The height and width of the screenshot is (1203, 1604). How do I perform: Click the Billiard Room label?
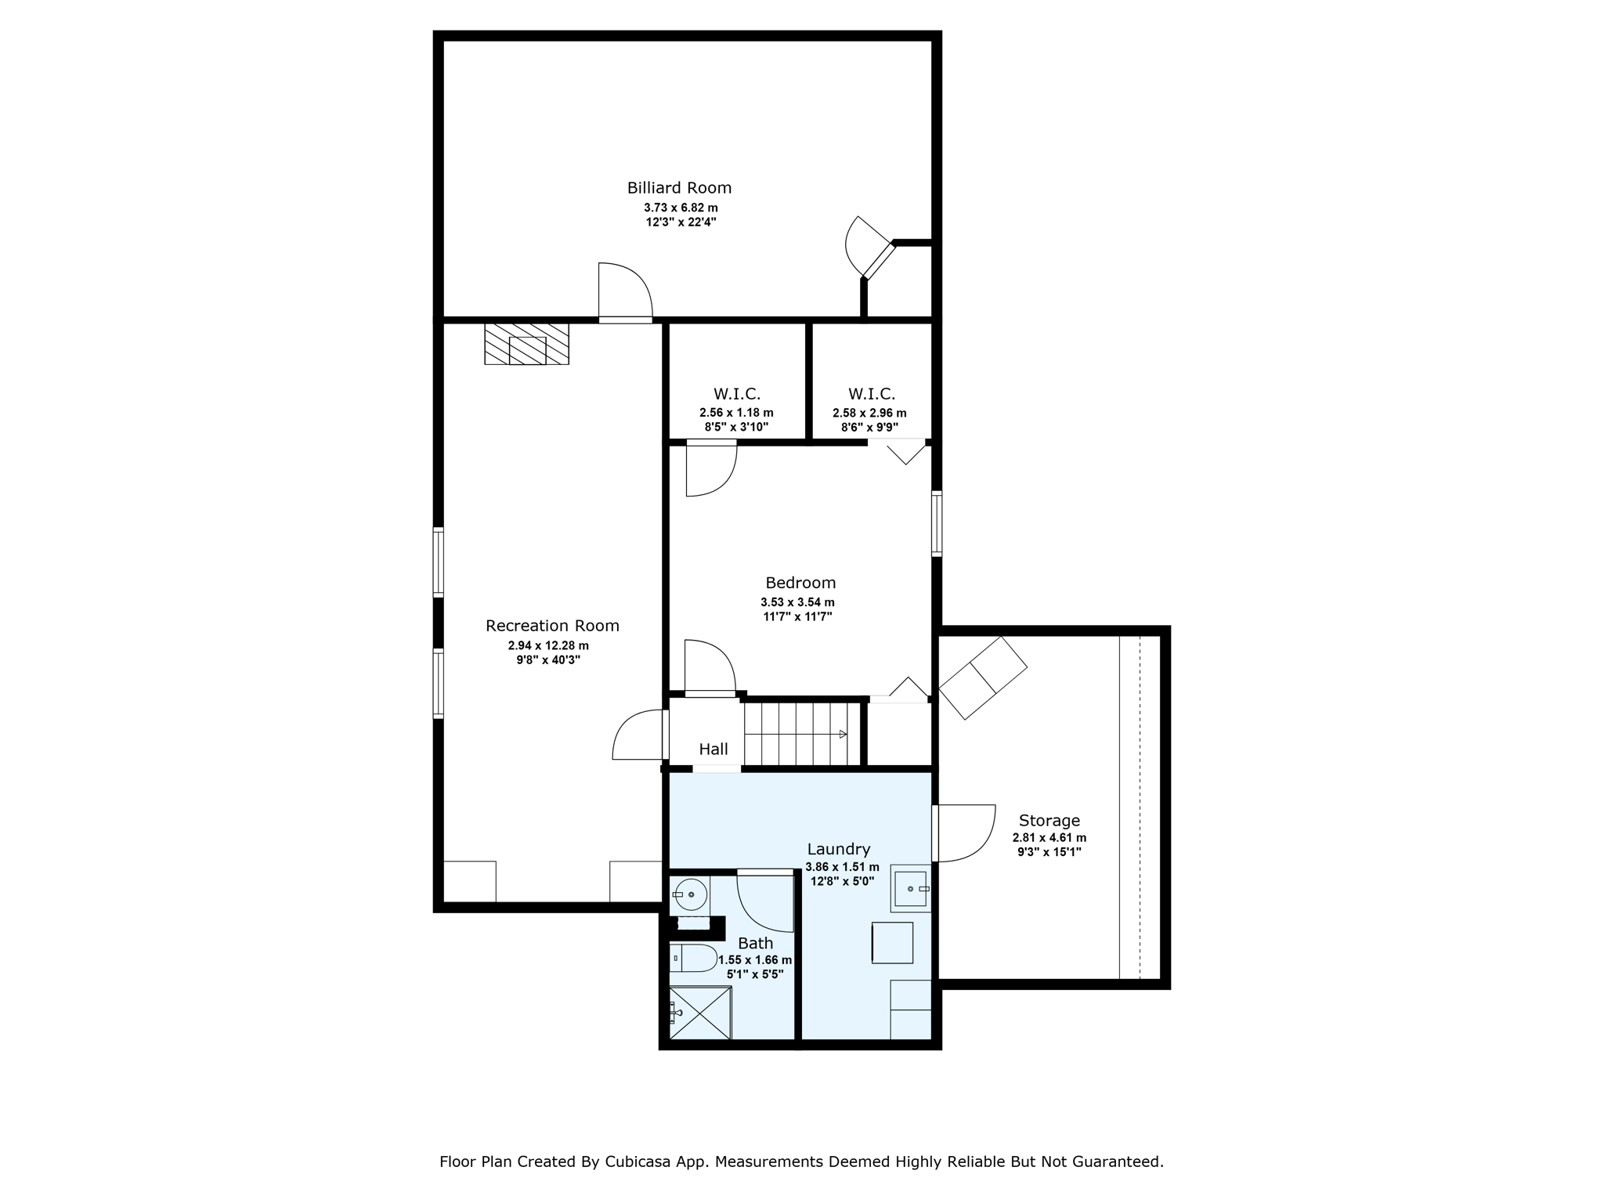point(679,188)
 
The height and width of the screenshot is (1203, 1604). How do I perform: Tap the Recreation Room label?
point(552,626)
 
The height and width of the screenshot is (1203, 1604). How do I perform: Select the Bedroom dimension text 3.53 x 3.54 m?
point(797,602)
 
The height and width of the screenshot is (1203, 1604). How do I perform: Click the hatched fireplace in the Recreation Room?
point(526,344)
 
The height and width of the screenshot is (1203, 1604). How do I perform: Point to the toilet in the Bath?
point(694,958)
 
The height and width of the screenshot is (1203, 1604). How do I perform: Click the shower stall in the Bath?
point(700,1013)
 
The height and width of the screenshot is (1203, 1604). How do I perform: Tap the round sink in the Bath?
point(690,894)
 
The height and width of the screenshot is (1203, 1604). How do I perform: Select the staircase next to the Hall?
point(801,734)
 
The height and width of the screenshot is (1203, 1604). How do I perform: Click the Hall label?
point(713,750)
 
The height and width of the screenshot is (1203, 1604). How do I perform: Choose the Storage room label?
point(1049,821)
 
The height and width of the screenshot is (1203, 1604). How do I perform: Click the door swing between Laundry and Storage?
point(964,833)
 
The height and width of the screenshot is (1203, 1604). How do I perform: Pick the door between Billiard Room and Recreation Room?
point(625,293)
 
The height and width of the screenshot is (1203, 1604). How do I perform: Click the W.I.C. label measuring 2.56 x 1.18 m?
point(737,394)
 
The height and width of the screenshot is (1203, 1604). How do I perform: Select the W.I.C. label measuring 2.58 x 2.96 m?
point(872,394)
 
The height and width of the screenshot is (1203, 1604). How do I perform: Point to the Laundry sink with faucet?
point(911,889)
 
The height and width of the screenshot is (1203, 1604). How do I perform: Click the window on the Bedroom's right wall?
point(937,523)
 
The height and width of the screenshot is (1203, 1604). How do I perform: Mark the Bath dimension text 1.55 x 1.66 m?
point(755,960)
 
